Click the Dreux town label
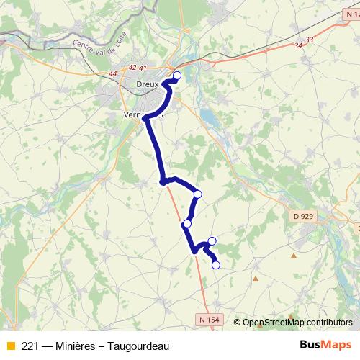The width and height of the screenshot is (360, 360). pos(147,84)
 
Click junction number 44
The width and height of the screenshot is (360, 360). pos(112,73)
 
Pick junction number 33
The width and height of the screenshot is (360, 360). pos(310,39)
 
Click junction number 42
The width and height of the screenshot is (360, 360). pos(131,68)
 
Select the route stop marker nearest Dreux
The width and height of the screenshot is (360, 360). pos(177,75)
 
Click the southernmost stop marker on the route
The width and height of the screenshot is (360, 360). pos(215,265)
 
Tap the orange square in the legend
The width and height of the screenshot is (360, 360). pos(10,346)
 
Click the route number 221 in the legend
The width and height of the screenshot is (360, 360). pos(30,346)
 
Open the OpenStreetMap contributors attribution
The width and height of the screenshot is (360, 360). pos(297,322)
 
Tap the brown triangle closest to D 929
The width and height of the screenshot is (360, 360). pos(293,255)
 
